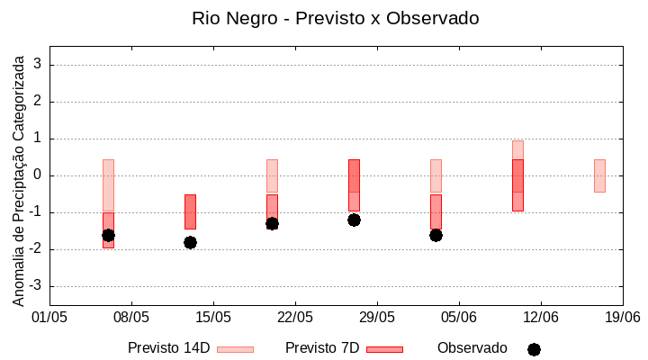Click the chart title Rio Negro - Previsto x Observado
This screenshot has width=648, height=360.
[335, 18]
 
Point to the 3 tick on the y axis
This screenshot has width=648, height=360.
[39, 65]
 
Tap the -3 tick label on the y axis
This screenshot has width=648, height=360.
[36, 286]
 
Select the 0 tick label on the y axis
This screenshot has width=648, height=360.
[39, 175]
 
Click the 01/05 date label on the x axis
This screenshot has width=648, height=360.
[49, 317]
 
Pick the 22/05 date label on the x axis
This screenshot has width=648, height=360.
[294, 317]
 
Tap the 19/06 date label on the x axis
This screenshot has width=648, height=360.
[622, 317]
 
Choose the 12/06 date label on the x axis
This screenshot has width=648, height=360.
[540, 317]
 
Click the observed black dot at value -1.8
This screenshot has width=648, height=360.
[190, 242]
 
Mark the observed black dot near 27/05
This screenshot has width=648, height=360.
[354, 220]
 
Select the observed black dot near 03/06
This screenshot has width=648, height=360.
[436, 235]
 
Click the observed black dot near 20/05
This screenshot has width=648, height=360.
[272, 223]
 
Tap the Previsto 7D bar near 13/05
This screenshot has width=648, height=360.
[190, 211]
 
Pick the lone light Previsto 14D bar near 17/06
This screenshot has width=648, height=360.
[599, 175]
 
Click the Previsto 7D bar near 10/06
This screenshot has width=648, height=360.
[517, 185]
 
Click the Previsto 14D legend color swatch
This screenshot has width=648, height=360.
[235, 349]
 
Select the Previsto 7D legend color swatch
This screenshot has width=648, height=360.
[384, 349]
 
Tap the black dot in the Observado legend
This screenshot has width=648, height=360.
[534, 349]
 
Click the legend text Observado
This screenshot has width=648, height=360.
[472, 348]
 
